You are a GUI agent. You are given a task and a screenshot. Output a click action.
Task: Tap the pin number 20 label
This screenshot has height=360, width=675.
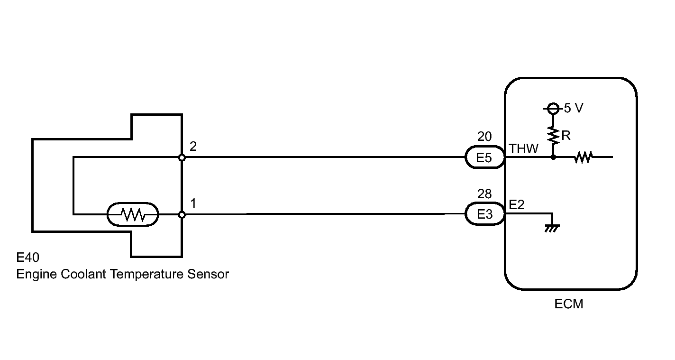click(x=484, y=137)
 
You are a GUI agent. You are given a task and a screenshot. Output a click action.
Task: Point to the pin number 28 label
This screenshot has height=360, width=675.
click(x=484, y=194)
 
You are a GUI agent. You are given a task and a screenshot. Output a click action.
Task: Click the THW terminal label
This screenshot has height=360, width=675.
click(x=523, y=148)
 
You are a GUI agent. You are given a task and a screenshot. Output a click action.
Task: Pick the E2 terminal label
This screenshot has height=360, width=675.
click(x=517, y=205)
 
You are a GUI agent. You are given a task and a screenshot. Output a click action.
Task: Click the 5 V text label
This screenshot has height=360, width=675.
click(x=574, y=108)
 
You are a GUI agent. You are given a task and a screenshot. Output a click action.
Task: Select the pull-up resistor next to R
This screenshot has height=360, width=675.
click(x=553, y=135)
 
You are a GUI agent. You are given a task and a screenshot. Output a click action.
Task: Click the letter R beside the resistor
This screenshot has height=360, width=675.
click(x=566, y=136)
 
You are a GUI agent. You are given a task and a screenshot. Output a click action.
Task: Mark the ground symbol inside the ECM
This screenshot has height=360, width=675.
click(x=552, y=228)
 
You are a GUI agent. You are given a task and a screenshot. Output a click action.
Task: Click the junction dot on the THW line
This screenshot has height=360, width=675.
click(x=553, y=157)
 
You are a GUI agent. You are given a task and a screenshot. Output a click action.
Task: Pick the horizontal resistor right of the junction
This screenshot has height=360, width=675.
click(x=583, y=157)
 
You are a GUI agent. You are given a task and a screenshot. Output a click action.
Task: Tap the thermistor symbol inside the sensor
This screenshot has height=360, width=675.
click(x=133, y=214)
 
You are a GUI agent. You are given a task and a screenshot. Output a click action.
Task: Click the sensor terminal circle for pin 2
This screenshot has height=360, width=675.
click(x=182, y=157)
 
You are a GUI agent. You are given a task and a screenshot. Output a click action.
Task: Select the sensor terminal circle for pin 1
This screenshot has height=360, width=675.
click(x=182, y=214)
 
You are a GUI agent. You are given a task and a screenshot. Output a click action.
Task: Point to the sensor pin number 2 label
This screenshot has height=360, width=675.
click(x=193, y=147)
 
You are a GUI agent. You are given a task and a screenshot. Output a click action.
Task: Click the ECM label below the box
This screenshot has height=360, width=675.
click(x=569, y=304)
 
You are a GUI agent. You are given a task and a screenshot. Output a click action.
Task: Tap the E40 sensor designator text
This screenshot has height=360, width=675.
click(x=27, y=258)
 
